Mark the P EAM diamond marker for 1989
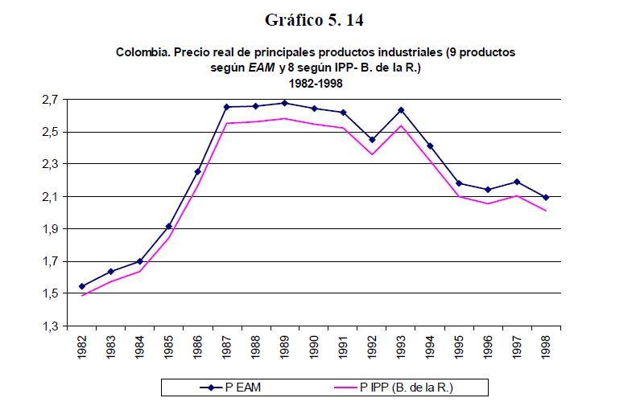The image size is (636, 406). tap(285, 103)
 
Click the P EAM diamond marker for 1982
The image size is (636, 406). tap(82, 286)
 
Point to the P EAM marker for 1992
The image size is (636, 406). tap(372, 140)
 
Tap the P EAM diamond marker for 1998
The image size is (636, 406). tap(546, 197)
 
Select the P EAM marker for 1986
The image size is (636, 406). tap(198, 171)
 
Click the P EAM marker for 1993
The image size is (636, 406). tap(401, 110)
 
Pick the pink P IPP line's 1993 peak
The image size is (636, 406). tap(401, 125)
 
